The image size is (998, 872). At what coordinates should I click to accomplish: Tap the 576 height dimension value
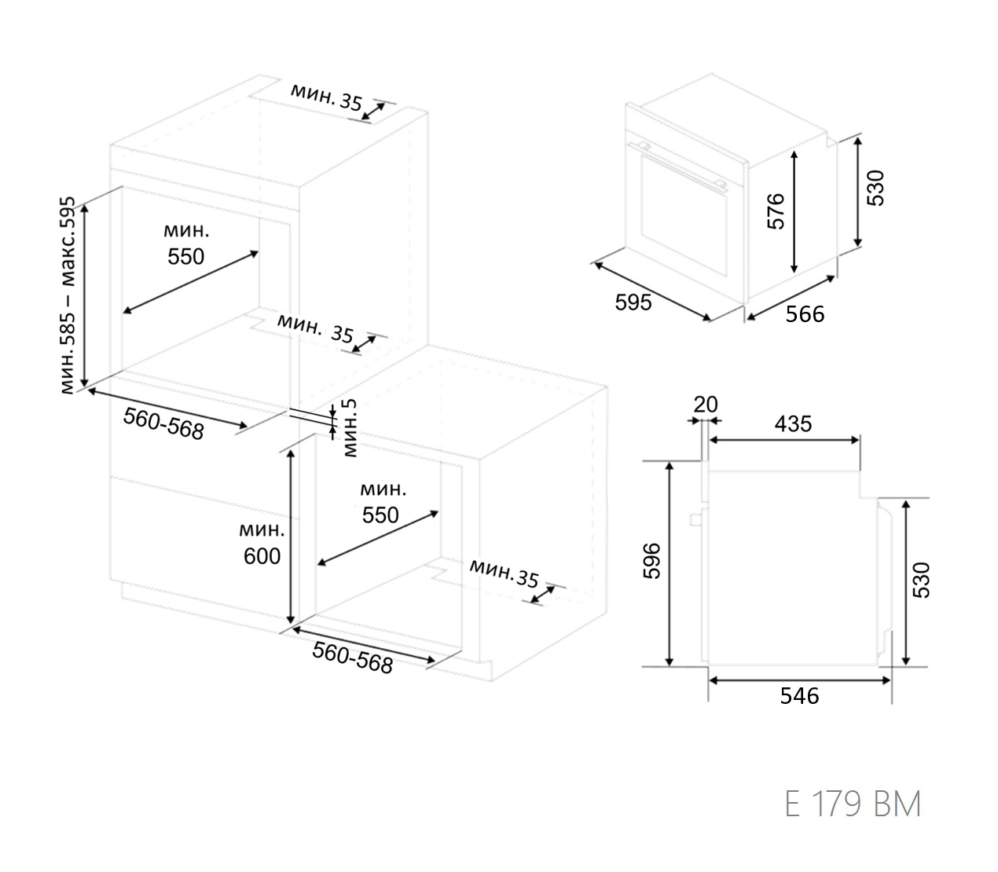pyautogui.click(x=776, y=211)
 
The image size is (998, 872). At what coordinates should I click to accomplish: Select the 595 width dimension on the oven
pyautogui.click(x=633, y=302)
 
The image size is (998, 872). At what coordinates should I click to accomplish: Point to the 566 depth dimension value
pyautogui.click(x=805, y=314)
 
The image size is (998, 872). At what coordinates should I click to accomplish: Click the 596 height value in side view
pyautogui.click(x=651, y=561)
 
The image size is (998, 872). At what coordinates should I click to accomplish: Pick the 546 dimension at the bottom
pyautogui.click(x=799, y=696)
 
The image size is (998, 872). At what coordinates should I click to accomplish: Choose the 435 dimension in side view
pyautogui.click(x=793, y=423)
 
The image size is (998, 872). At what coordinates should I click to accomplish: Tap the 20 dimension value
pyautogui.click(x=706, y=405)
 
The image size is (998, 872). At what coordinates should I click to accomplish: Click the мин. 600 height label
pyautogui.click(x=262, y=543)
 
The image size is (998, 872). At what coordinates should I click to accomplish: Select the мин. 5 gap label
pyautogui.click(x=350, y=427)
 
